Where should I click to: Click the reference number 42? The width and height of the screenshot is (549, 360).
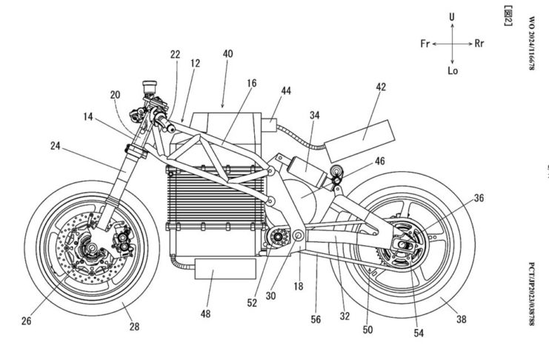click(381, 87)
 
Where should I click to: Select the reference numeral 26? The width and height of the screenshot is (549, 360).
click(27, 320)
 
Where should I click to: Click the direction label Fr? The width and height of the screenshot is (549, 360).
click(425, 44)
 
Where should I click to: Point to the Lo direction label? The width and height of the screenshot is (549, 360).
click(453, 72)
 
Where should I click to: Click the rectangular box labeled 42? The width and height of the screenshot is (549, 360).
click(362, 133)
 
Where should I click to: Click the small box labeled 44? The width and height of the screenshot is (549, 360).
click(271, 121)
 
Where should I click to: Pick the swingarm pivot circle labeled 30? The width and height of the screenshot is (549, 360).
click(297, 237)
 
